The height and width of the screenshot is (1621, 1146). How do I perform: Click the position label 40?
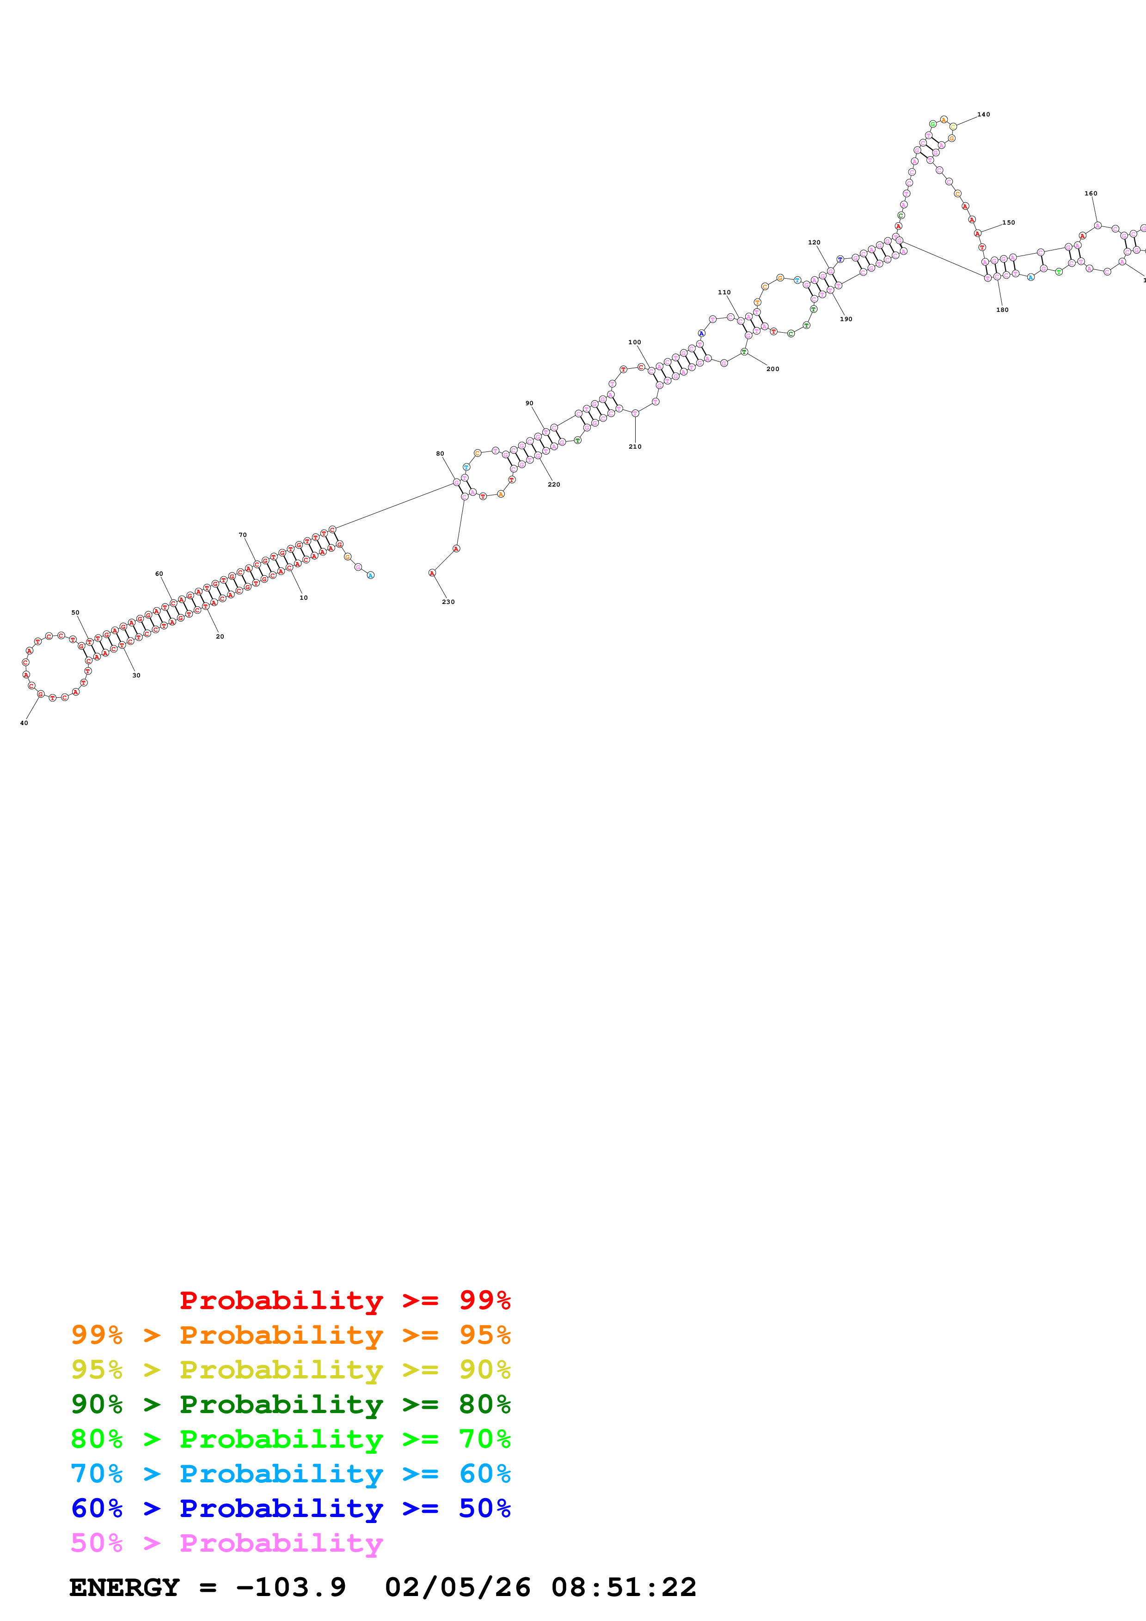pyautogui.click(x=24, y=723)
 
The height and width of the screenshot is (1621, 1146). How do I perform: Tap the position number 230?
pyautogui.click(x=448, y=602)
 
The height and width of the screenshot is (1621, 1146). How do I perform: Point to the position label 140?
pyautogui.click(x=984, y=115)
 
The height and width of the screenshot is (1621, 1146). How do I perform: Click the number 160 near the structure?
pyautogui.click(x=1091, y=194)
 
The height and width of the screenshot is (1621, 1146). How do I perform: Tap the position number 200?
pyautogui.click(x=773, y=369)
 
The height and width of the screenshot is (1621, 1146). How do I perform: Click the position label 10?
pyautogui.click(x=304, y=598)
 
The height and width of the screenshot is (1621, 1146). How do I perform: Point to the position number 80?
pyautogui.click(x=440, y=454)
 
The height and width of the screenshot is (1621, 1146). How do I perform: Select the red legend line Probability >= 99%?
pyautogui.click(x=344, y=1300)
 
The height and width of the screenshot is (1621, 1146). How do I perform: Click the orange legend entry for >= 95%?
pyautogui.click(x=290, y=1335)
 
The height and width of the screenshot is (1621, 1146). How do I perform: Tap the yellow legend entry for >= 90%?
pyautogui.click(x=290, y=1369)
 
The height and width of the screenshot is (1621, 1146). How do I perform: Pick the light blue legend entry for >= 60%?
pyautogui.click(x=290, y=1474)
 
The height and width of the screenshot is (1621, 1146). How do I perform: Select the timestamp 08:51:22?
pyautogui.click(x=624, y=1587)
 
